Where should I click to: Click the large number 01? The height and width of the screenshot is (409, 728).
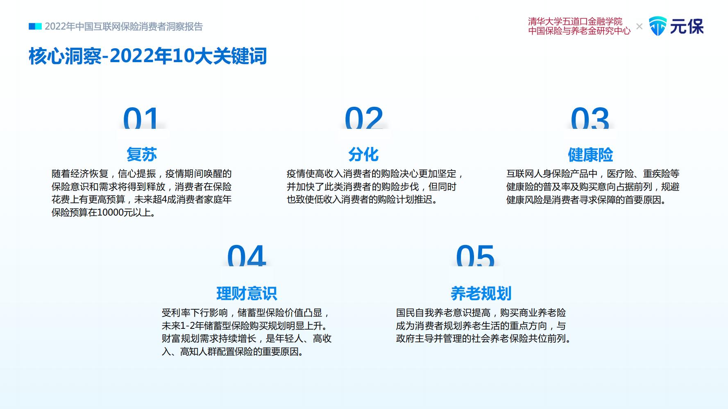(x=141, y=118)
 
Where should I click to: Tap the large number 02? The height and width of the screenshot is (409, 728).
(x=364, y=118)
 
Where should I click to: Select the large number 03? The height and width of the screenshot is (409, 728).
(x=590, y=118)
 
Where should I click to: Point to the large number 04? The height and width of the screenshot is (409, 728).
(x=247, y=256)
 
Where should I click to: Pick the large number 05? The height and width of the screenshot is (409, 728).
(x=475, y=256)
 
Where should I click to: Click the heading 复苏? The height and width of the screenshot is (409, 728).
(x=142, y=154)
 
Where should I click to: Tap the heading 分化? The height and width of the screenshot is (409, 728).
(x=363, y=154)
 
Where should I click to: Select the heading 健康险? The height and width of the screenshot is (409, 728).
(x=590, y=155)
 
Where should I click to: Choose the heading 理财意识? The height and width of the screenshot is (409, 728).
(x=247, y=293)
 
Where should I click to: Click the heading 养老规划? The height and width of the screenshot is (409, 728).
(x=481, y=293)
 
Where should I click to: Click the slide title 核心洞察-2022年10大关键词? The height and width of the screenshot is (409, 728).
(x=148, y=56)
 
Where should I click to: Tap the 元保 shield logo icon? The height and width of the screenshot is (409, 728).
(x=658, y=26)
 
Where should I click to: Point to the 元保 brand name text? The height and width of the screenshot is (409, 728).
(x=687, y=27)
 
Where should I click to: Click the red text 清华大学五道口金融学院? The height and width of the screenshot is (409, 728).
(x=575, y=21)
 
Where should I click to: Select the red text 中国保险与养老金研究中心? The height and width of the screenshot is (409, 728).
(x=579, y=31)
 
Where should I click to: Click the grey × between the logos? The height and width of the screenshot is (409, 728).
(x=639, y=27)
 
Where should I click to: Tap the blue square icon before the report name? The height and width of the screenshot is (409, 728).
(x=35, y=27)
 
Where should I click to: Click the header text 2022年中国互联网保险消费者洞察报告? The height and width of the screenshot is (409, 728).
(x=124, y=27)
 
